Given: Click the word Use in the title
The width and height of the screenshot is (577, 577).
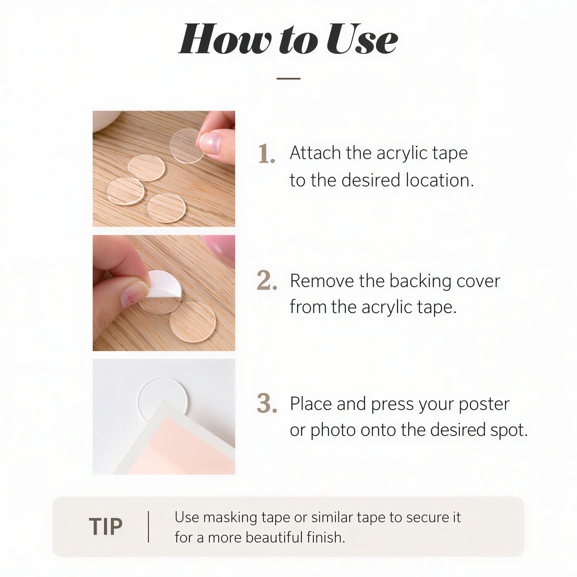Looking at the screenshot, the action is [362, 39].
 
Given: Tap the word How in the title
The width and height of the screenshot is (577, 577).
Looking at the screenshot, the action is [225, 39].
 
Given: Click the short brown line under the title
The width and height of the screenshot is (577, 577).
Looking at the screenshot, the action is [288, 78].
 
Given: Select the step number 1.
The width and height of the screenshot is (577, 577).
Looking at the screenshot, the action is [266, 153].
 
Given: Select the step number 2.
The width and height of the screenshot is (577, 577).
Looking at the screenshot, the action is [267, 280].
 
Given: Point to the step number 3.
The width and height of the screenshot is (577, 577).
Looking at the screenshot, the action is [267, 403].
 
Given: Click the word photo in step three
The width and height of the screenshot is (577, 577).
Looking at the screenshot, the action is [333, 430].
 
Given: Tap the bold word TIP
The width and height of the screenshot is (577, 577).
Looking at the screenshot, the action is [106, 526].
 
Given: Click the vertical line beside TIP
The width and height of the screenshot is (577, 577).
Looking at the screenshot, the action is [149, 527].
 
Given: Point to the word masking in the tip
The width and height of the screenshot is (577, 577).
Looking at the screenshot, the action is [230, 518].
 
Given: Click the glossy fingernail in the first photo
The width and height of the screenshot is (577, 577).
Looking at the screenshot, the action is [210, 143].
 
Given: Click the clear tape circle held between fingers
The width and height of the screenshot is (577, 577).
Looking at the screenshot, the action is [188, 146].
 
